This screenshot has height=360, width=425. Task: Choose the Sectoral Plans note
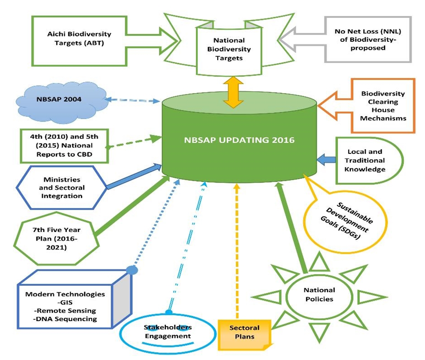[x=244, y=333]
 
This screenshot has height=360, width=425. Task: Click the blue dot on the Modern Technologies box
[x=132, y=270]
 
